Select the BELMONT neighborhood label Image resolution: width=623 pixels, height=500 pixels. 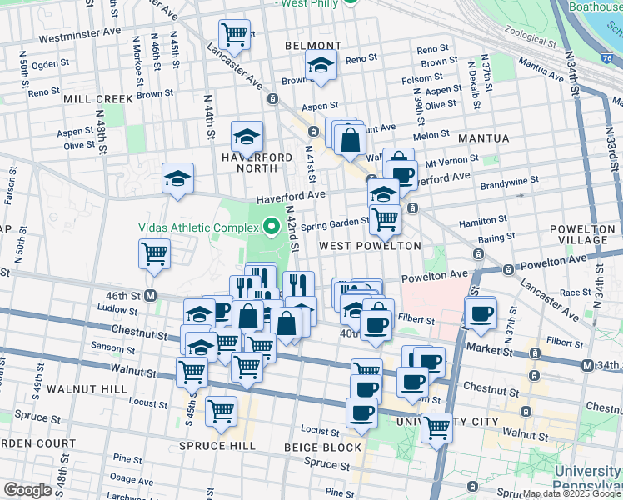tap(313, 46)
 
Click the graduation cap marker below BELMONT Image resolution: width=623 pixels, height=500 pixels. tap(321, 65)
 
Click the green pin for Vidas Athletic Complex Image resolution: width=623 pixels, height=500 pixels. tap(271, 226)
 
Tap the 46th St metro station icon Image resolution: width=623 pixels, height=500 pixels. tap(152, 295)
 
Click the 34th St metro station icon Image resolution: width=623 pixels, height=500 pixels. tap(588, 365)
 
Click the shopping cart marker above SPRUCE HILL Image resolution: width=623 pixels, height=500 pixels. tap(221, 410)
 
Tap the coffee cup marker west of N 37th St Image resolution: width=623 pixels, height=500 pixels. tap(480, 314)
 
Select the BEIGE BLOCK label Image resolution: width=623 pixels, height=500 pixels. tap(322, 447)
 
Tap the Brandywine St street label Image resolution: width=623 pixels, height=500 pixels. tap(509, 180)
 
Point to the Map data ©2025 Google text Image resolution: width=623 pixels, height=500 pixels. tap(571, 493)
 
